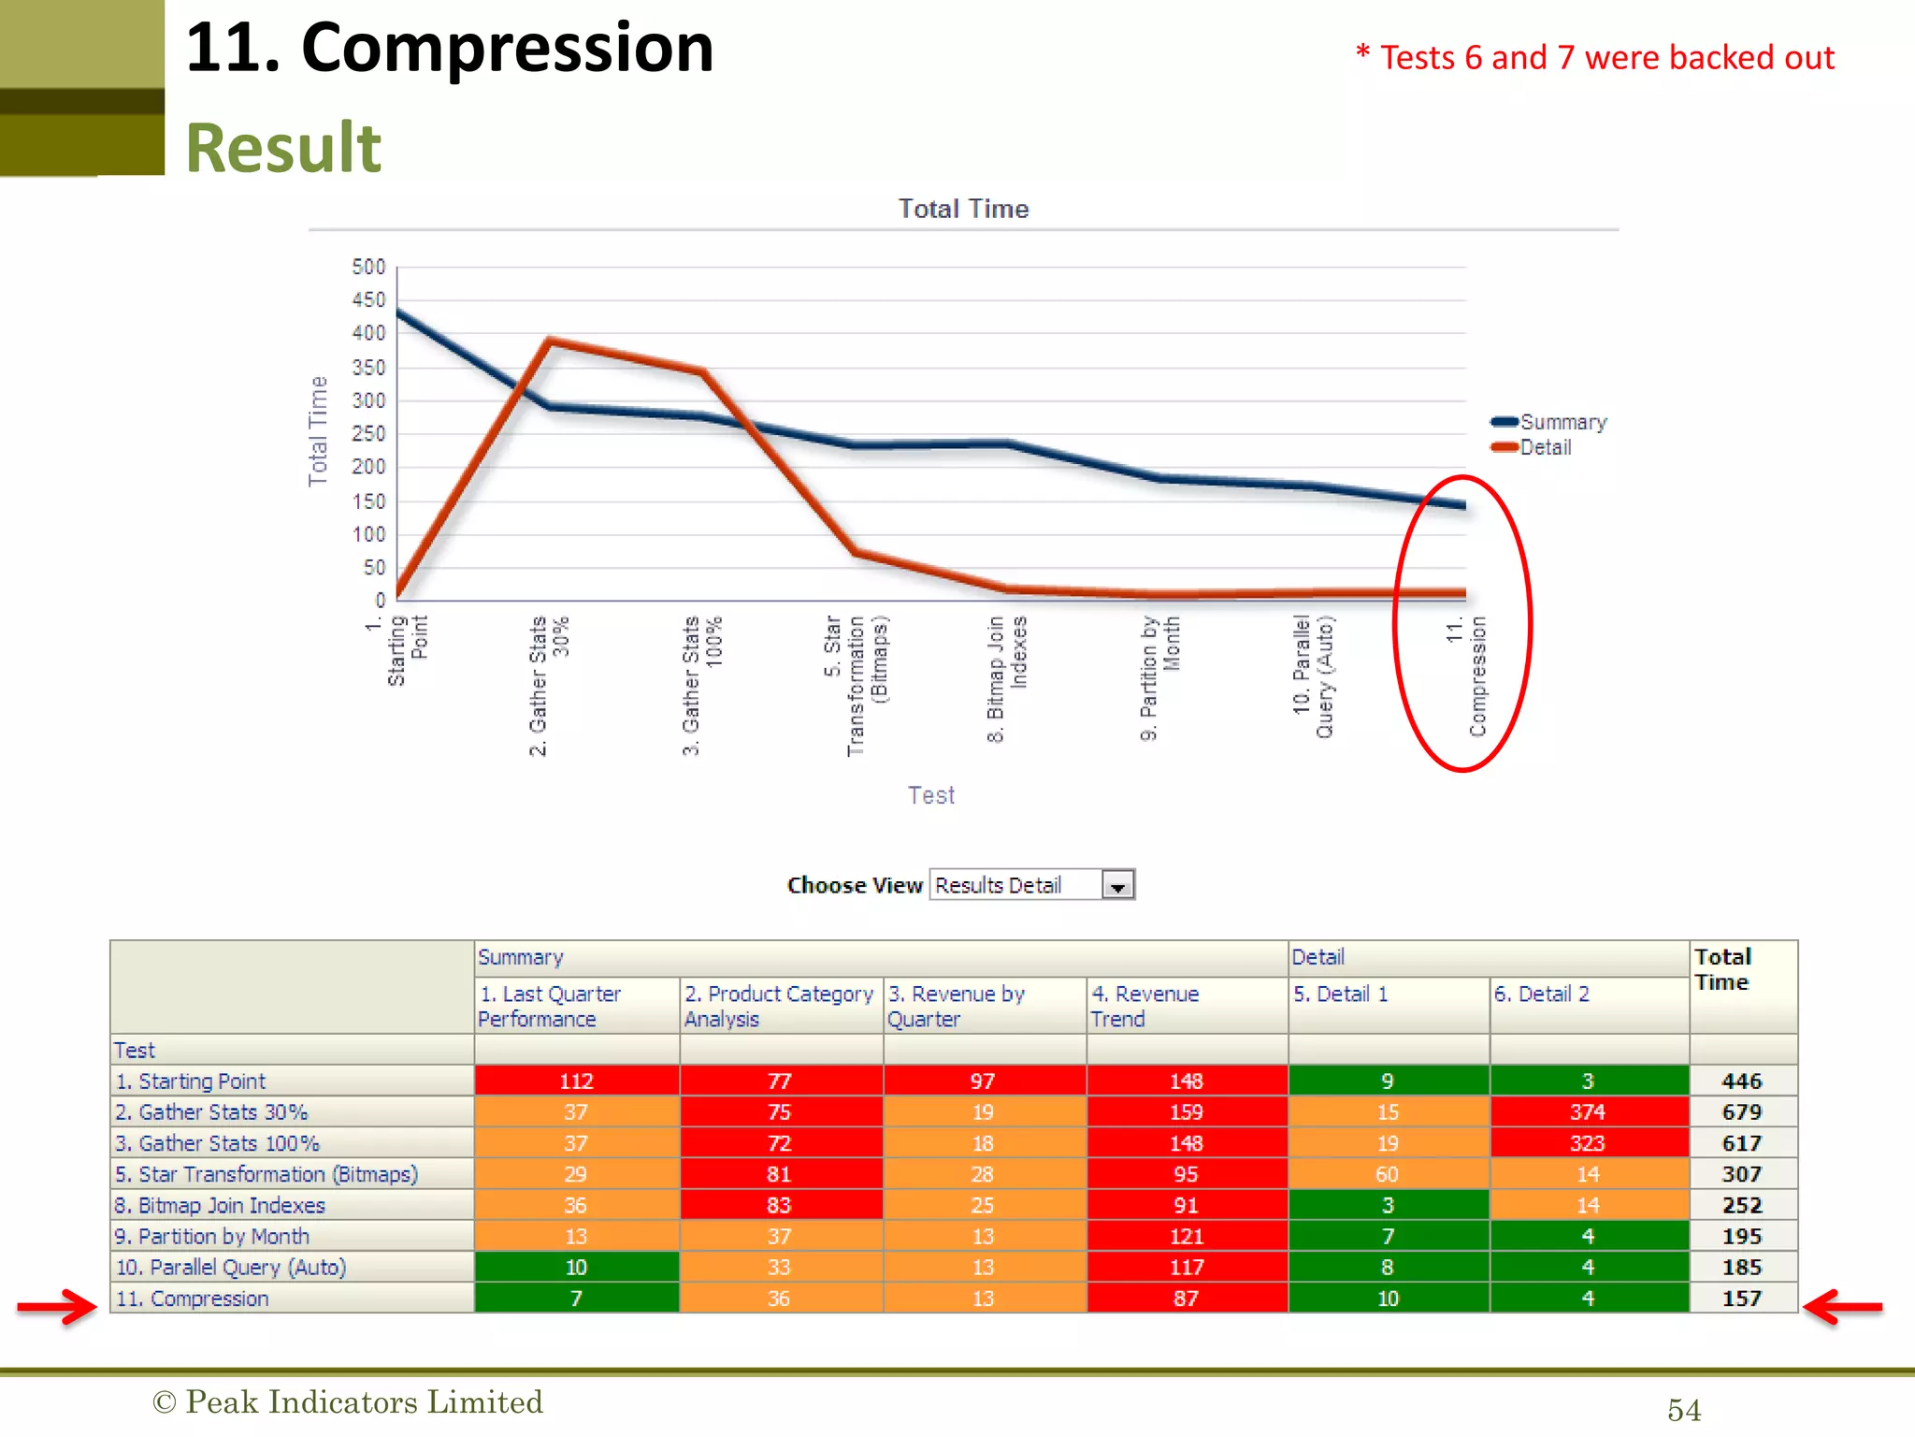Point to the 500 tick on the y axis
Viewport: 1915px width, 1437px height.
(368, 267)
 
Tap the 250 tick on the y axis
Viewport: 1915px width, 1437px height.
(368, 433)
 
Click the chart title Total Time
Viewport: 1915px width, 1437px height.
(963, 209)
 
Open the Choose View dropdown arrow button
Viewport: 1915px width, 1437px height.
(1117, 885)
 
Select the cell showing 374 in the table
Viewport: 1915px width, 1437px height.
(1588, 1111)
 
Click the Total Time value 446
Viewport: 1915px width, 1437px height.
(1741, 1081)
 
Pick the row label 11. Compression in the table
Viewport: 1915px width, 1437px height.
(192, 1299)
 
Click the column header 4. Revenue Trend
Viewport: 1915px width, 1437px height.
(1145, 1006)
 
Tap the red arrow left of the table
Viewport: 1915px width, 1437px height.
(57, 1306)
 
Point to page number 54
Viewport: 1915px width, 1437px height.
(1684, 1410)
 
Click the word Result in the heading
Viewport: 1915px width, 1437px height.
(283, 148)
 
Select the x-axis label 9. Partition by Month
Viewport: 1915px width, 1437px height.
(1159, 677)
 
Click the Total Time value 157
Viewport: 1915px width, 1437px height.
(1741, 1299)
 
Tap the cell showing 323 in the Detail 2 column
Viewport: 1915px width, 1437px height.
(1588, 1143)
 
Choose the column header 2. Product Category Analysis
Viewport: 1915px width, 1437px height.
(778, 1006)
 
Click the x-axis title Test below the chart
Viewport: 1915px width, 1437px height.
(931, 795)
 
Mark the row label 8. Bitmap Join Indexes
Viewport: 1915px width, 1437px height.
(220, 1205)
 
